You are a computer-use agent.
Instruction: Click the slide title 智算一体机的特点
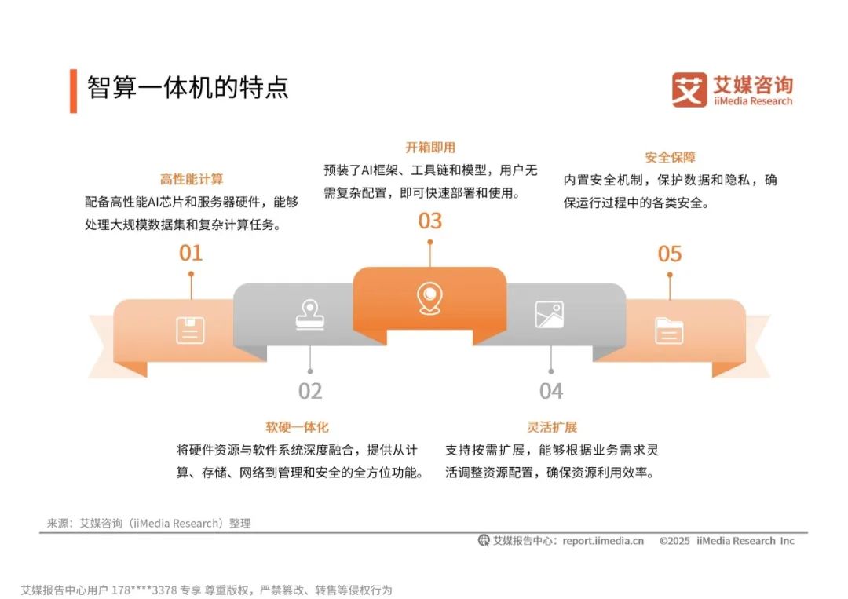click(x=188, y=87)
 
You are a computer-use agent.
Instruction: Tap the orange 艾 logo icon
click(x=689, y=90)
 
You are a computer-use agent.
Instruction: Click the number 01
click(x=191, y=253)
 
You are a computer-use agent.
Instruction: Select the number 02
click(x=310, y=391)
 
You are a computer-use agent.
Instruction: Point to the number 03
click(x=429, y=221)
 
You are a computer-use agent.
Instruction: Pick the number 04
click(x=551, y=391)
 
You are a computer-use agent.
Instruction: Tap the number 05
click(x=670, y=254)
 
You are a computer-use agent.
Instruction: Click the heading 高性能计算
click(x=192, y=179)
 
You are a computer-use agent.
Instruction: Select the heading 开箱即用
click(x=430, y=147)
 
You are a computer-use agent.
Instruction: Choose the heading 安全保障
click(x=670, y=157)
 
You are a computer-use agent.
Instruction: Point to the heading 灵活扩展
click(x=552, y=427)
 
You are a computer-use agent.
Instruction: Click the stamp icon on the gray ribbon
click(x=310, y=313)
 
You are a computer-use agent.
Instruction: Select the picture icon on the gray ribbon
click(x=549, y=314)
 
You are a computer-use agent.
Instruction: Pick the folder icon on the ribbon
click(x=669, y=331)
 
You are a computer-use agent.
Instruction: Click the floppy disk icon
click(x=190, y=331)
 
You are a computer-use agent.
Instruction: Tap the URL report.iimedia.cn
click(x=602, y=540)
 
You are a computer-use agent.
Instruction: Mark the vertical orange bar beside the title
click(x=73, y=90)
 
